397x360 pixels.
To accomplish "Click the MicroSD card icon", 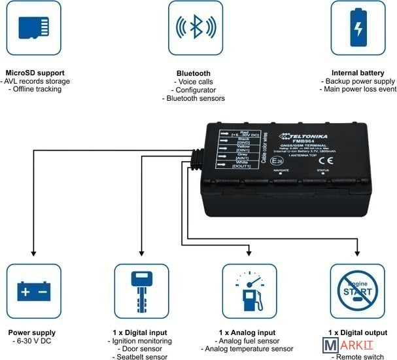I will coord(33,28).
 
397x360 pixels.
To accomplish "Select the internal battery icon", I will coord(358,28).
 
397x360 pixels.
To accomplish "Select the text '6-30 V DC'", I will coord(33,341).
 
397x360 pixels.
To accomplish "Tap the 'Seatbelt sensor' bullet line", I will coord(141,357).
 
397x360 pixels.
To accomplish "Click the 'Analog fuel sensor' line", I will coord(249,341).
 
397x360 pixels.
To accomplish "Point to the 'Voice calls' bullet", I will coord(194,81).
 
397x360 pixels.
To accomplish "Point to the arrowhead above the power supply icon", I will coord(33,255).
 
